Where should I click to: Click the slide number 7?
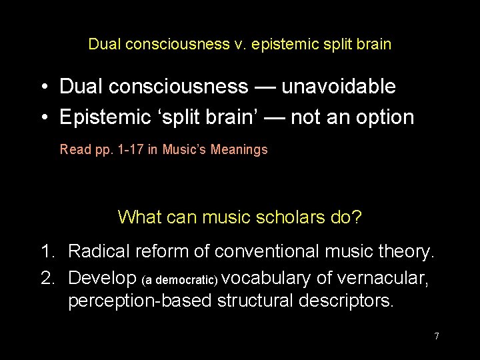[437, 336]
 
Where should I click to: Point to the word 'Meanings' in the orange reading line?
[239, 149]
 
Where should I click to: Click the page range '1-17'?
[125, 149]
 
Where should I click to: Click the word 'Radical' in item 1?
[99, 251]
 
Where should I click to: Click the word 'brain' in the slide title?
[374, 45]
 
